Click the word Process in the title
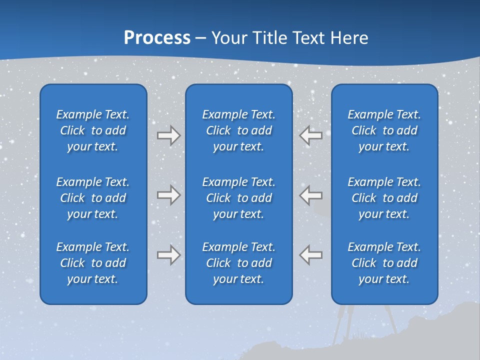(157, 38)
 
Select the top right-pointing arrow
(168, 135)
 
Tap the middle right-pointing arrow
(168, 195)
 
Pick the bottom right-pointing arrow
(168, 255)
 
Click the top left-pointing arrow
(311, 135)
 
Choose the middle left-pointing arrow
(311, 195)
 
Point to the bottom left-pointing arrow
(311, 255)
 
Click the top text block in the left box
(93, 130)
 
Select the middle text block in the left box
(93, 198)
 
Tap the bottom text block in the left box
(93, 263)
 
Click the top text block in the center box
(238, 130)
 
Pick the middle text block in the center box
(238, 198)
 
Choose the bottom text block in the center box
(238, 263)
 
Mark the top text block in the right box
(384, 130)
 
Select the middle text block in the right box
(384, 198)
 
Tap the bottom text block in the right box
(384, 263)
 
